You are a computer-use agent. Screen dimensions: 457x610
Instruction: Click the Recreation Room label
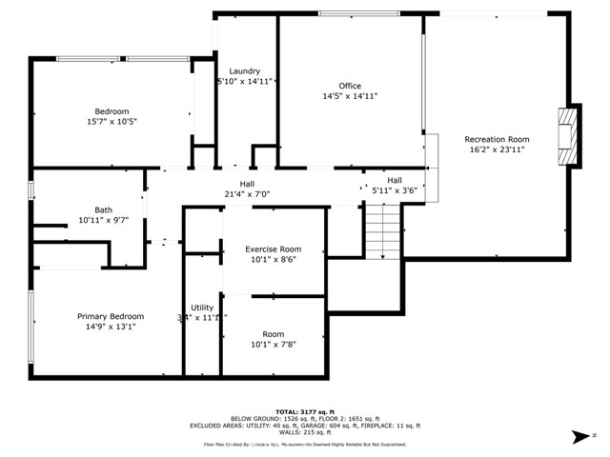pos(497,139)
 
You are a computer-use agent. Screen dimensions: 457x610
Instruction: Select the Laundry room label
pos(245,71)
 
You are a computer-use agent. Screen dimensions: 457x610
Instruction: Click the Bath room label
pos(103,209)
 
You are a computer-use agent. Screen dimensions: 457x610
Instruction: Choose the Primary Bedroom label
pos(111,316)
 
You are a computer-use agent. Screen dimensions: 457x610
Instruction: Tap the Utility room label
pos(202,308)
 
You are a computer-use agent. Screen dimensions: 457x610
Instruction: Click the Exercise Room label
pos(274,249)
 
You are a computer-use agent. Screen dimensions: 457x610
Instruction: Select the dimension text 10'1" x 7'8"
pos(274,344)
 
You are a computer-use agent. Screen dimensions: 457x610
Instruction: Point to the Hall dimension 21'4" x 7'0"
pos(247,194)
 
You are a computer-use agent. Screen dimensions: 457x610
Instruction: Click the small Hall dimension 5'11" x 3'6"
pos(394,190)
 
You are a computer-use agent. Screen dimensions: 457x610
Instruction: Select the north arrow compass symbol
pos(580,436)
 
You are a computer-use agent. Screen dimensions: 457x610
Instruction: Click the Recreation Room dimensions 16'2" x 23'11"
pos(497,149)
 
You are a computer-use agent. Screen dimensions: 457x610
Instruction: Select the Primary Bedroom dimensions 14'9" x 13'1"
pos(111,327)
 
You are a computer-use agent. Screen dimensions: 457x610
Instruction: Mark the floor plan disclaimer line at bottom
pos(304,444)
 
